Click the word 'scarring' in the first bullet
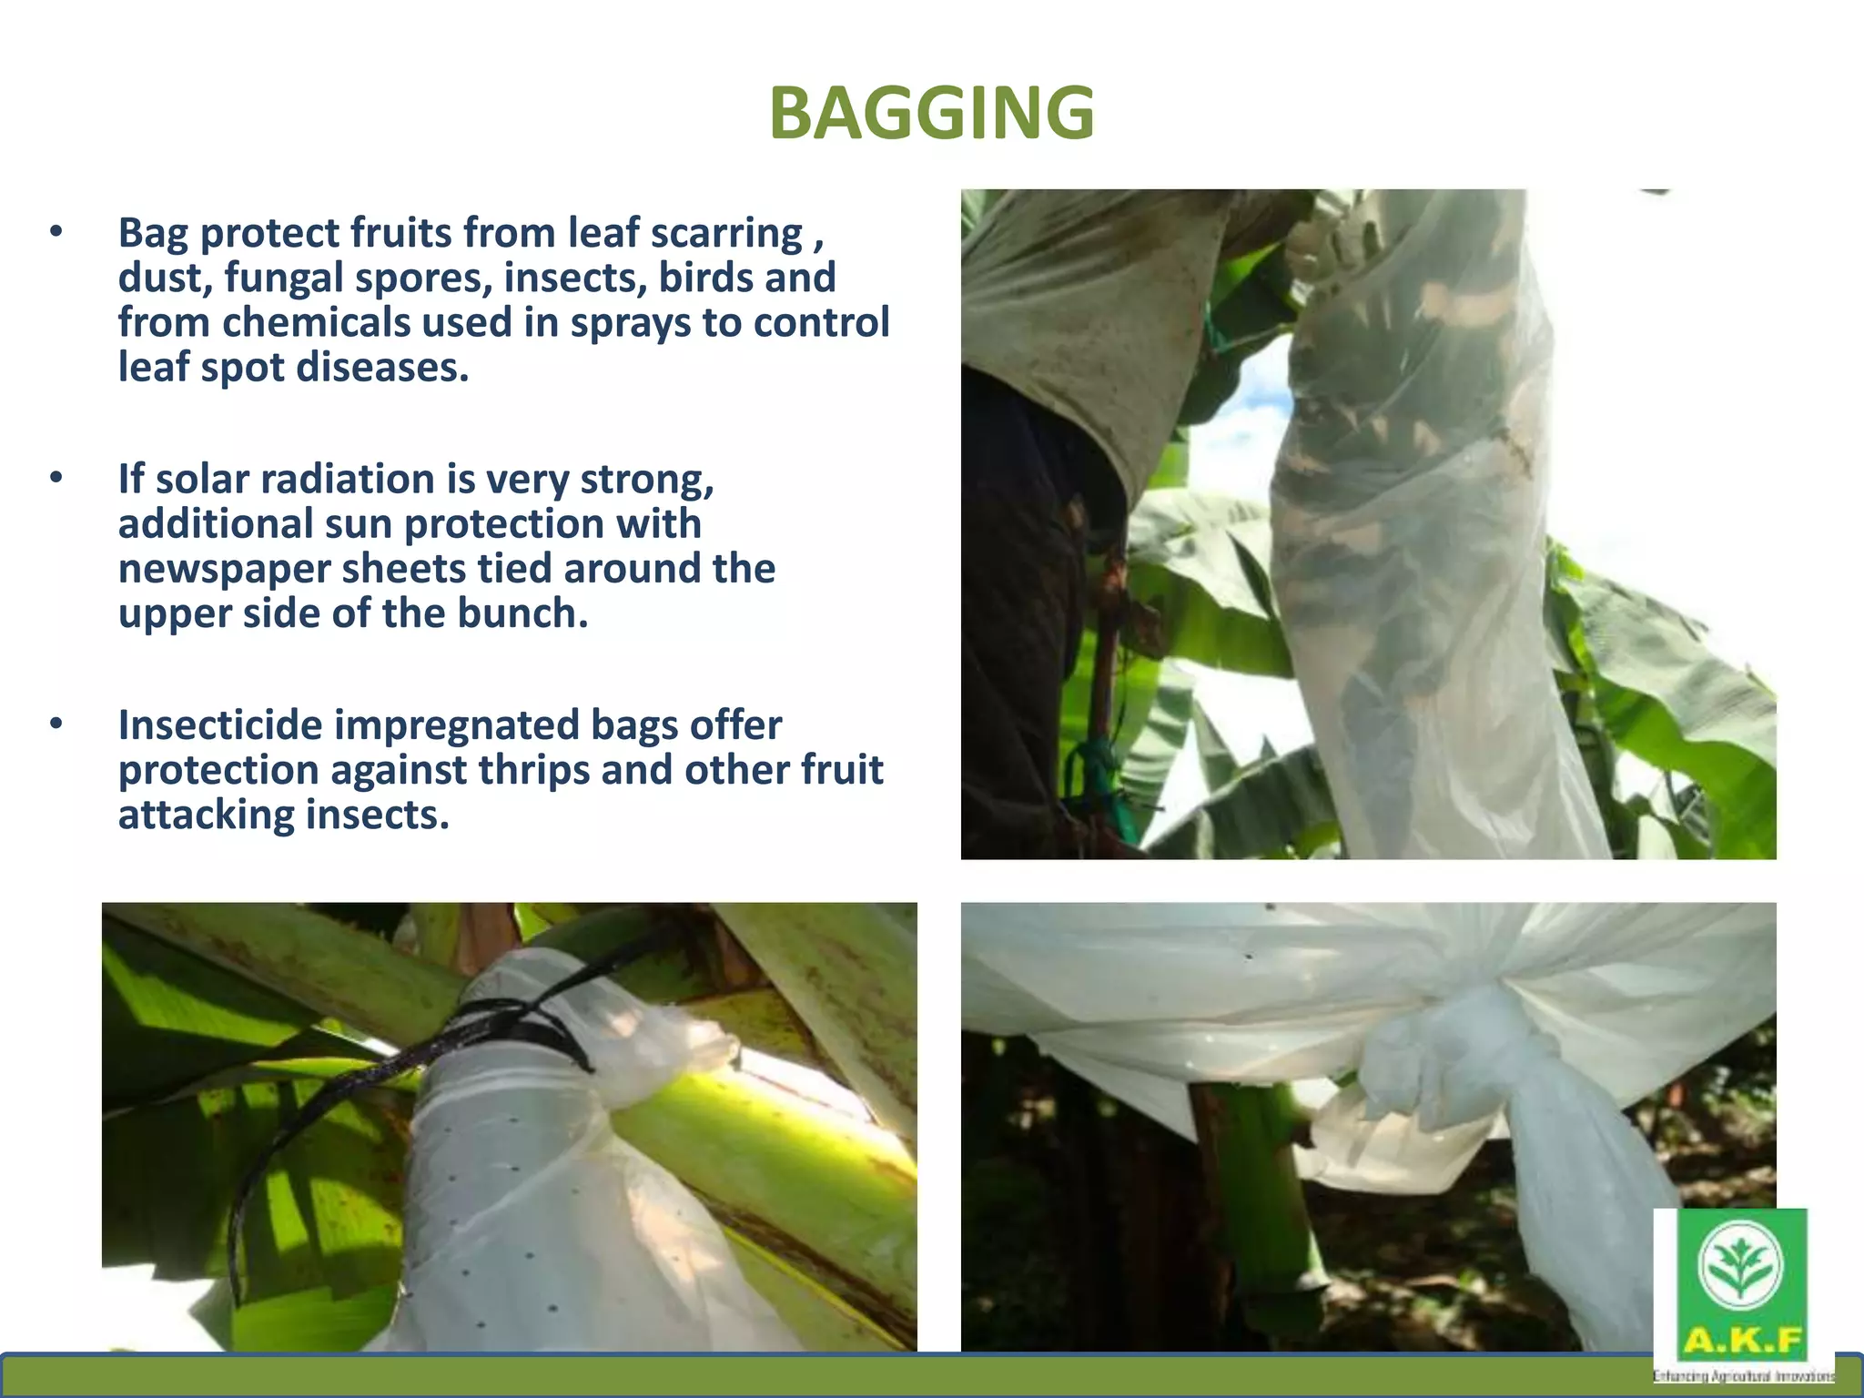pos(726,233)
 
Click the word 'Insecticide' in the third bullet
pos(220,725)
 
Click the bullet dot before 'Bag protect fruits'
pos(56,232)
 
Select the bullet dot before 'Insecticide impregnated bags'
pos(56,724)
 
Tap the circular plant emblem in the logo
pos(1741,1264)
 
